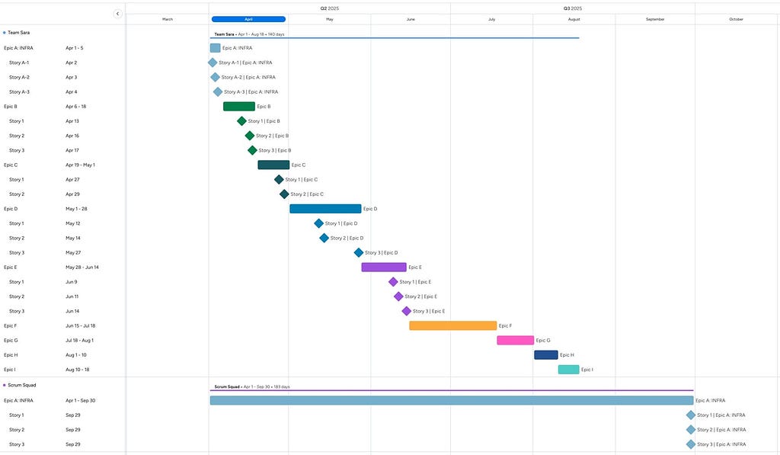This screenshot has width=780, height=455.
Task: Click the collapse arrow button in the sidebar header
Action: tap(117, 14)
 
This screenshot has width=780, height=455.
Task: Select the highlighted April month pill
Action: tap(248, 19)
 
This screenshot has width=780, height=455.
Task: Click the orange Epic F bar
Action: tap(452, 325)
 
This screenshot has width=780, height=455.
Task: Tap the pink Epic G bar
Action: tap(516, 341)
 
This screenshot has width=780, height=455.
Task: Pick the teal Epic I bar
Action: tap(568, 370)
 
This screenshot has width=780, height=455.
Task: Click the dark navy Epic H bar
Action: tap(545, 355)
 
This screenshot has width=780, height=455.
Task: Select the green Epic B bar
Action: tap(238, 107)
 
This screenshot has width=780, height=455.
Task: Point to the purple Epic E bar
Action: tap(384, 268)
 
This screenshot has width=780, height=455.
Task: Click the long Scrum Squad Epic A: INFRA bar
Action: tap(452, 400)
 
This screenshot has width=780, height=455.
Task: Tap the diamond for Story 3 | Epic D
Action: tap(359, 253)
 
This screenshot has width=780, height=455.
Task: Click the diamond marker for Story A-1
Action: tap(213, 62)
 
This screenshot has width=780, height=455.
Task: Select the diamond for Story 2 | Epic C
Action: tap(284, 194)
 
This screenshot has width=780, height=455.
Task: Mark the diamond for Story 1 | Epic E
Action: tap(393, 282)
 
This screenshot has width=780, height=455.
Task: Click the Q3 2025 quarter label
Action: tap(573, 8)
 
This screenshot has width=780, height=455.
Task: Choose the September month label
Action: tap(655, 19)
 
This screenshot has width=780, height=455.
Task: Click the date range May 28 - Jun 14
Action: tap(82, 268)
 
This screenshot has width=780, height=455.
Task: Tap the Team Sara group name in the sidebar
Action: tap(18, 33)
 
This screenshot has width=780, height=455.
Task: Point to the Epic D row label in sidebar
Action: tap(11, 209)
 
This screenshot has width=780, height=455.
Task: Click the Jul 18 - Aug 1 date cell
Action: tap(79, 341)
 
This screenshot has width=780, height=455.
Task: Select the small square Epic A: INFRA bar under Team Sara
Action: tap(215, 48)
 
